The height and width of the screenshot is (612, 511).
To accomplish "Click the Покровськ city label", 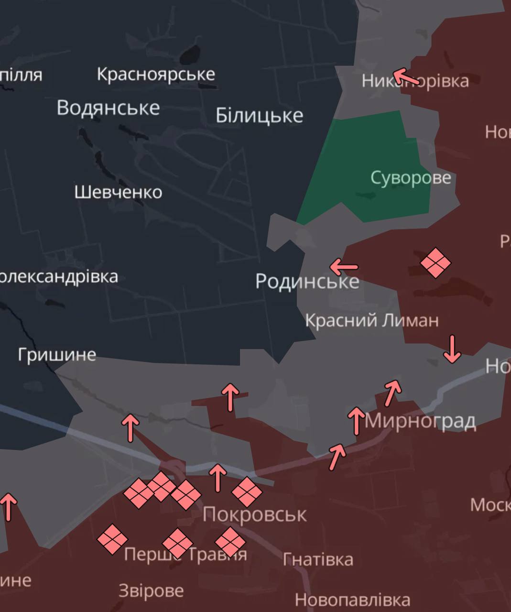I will click(x=254, y=514).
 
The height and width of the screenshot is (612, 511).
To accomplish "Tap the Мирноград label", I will click(x=421, y=421).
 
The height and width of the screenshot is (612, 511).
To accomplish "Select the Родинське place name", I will click(x=307, y=281).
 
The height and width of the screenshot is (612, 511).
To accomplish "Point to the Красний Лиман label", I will click(x=372, y=320).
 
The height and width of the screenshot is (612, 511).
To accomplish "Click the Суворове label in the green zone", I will click(x=411, y=178).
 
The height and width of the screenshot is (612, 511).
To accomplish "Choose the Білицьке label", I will click(x=259, y=116).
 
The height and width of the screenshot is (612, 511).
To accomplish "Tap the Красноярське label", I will click(x=156, y=74).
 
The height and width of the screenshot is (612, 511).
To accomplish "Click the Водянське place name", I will click(x=108, y=108).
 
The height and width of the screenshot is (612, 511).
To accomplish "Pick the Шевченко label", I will click(x=118, y=192).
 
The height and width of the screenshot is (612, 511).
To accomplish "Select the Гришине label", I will click(x=57, y=354).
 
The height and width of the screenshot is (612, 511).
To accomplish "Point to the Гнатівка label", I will click(x=318, y=559).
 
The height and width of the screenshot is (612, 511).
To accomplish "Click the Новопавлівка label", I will click(x=352, y=600).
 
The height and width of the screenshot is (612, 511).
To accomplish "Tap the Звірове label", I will click(x=151, y=591).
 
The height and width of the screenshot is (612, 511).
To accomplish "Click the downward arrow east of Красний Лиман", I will click(x=452, y=349).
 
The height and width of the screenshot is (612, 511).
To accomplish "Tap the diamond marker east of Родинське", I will click(x=435, y=262).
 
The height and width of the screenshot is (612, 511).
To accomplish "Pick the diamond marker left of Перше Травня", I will click(x=112, y=539).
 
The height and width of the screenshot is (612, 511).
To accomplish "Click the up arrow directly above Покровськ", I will click(x=218, y=477).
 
